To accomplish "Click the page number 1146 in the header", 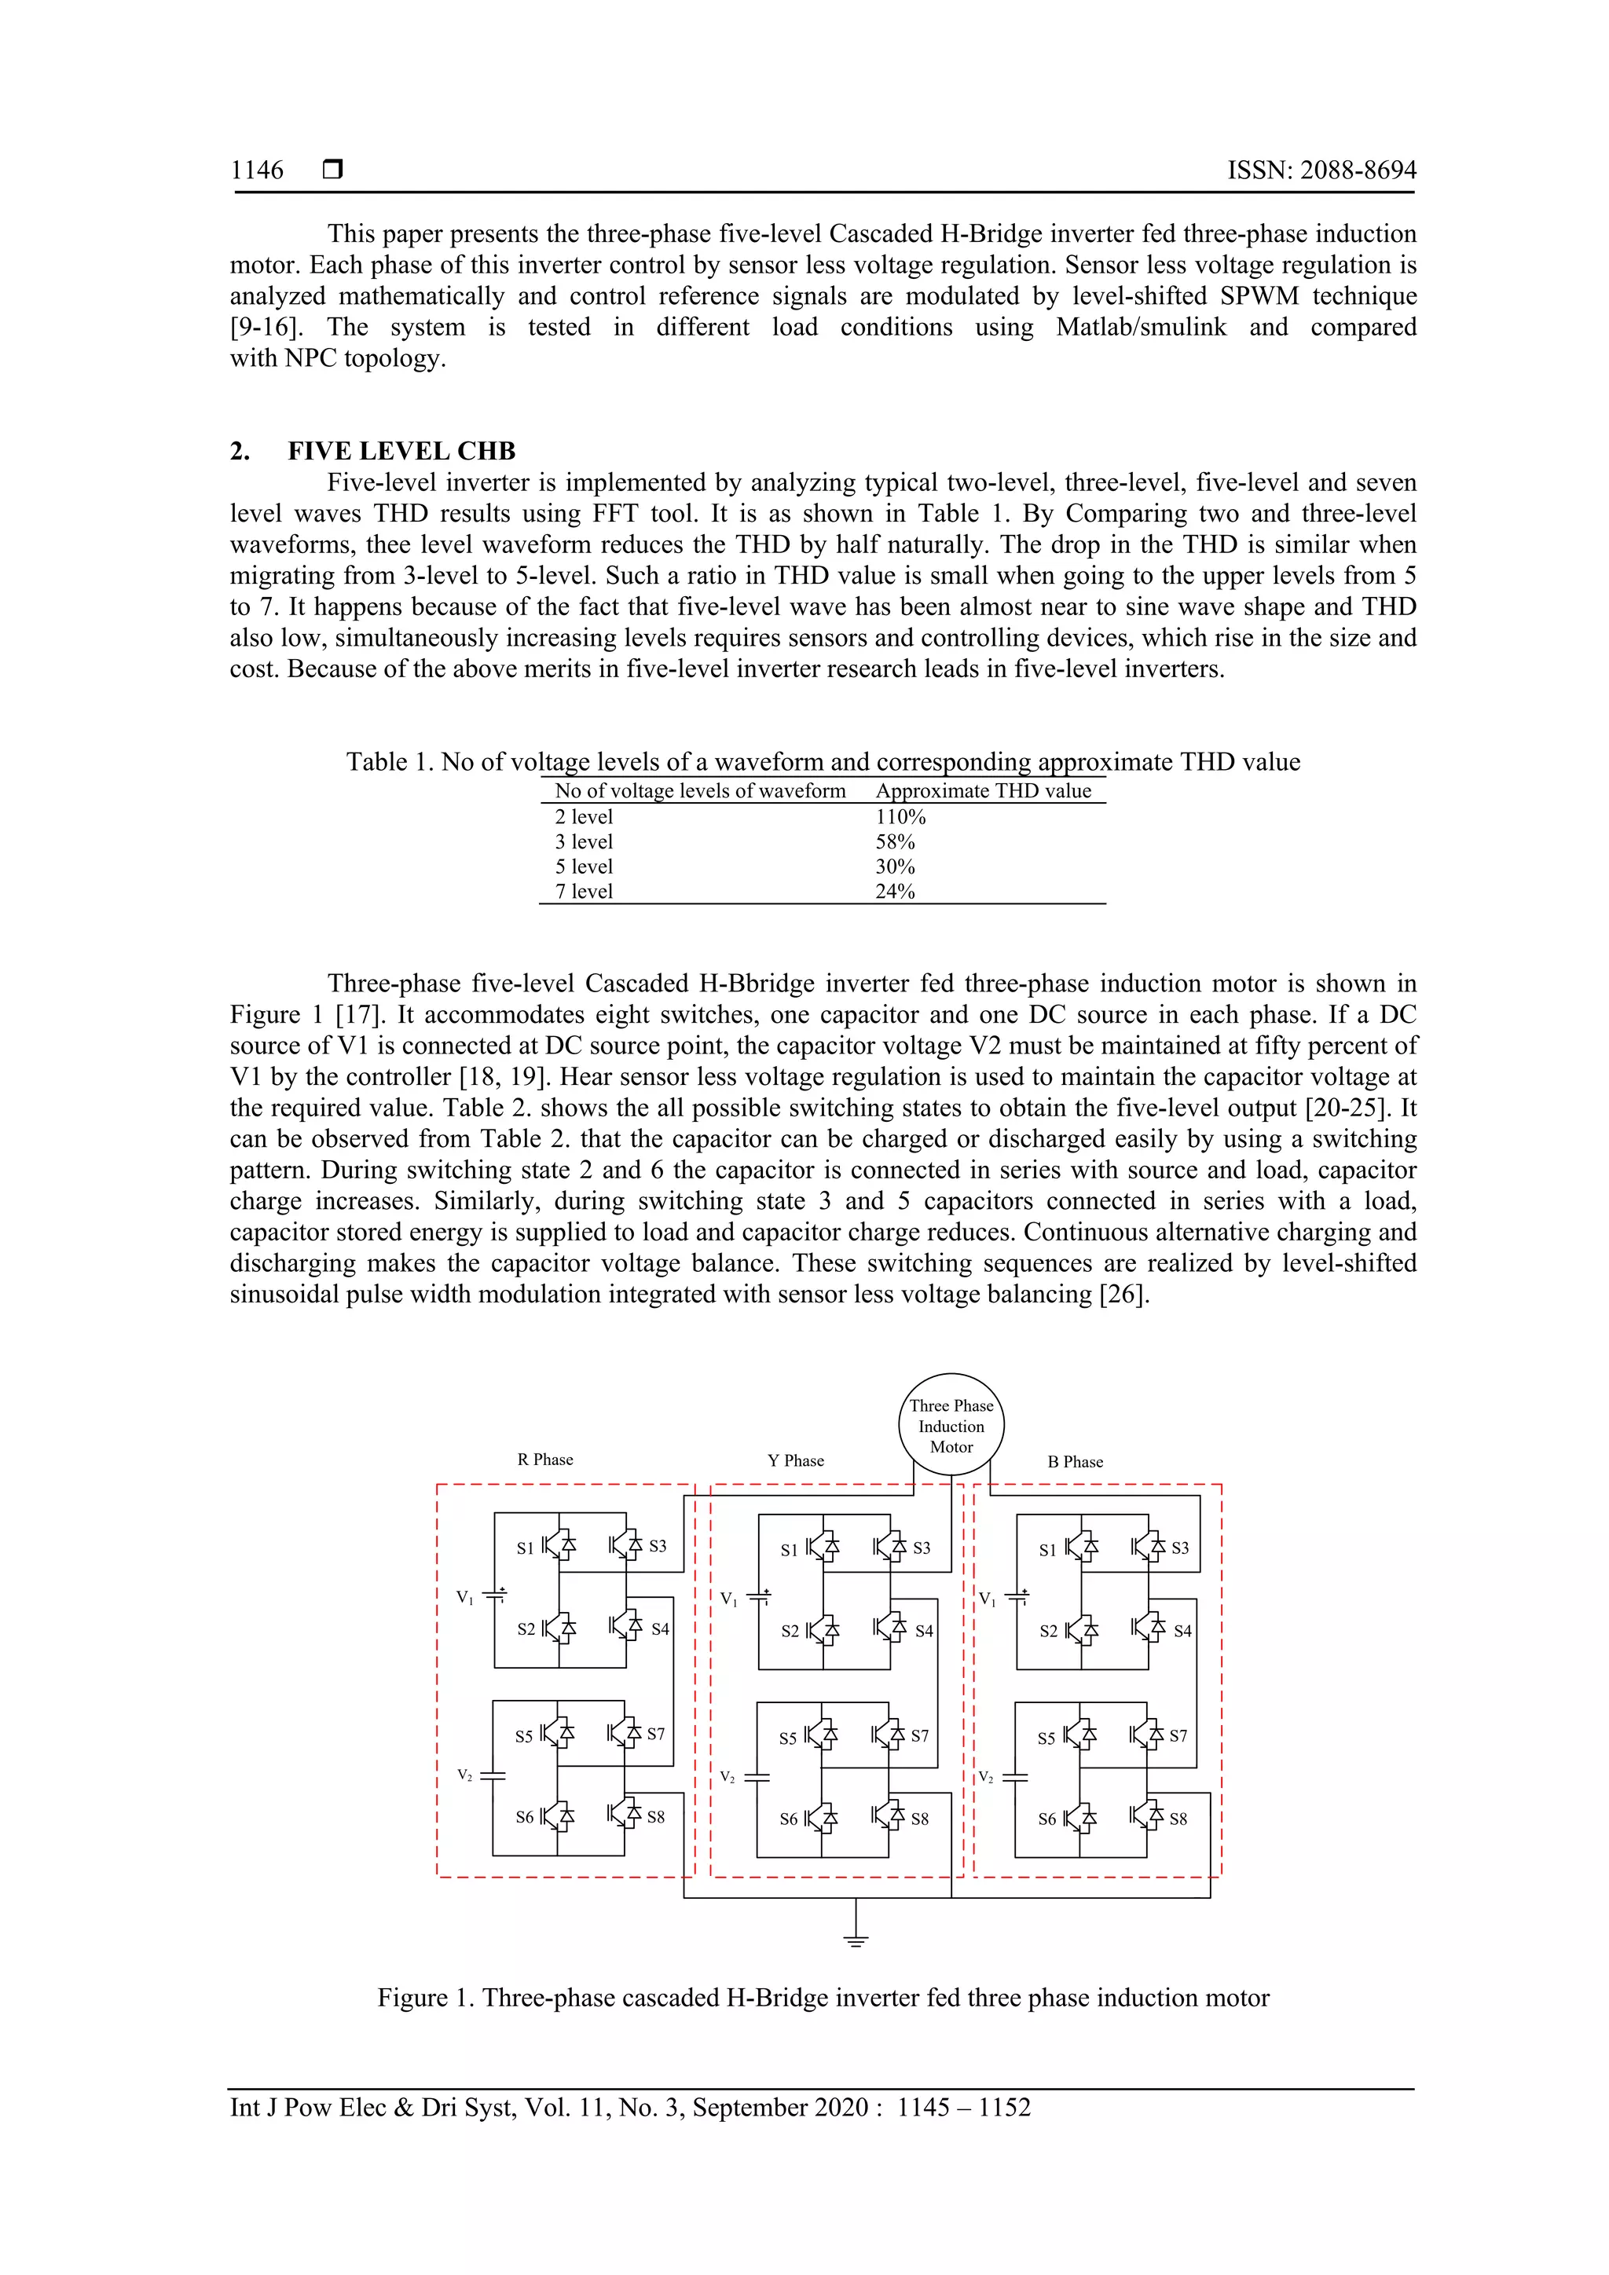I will tap(257, 170).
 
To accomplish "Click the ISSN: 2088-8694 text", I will tap(1321, 170).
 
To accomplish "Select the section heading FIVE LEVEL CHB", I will tap(401, 451).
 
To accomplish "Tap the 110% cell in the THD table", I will tap(900, 816).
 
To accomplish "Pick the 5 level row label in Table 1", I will tap(584, 866).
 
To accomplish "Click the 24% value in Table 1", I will tap(895, 891).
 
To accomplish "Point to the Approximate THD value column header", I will tap(983, 791).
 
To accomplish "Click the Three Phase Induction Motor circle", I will tap(951, 1426).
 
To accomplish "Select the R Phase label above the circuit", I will tap(545, 1460).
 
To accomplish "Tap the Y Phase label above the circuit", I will tap(796, 1460).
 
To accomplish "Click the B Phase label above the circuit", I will tap(1075, 1461).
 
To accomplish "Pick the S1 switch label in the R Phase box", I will tap(525, 1548).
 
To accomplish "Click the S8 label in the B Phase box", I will tap(1178, 1819).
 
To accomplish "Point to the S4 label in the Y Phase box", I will tap(923, 1631).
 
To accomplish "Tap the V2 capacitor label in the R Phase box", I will tap(464, 1775).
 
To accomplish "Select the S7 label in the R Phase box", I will tap(656, 1734).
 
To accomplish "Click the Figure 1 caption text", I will tap(823, 1998).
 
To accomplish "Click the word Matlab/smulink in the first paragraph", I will tap(1141, 327).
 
